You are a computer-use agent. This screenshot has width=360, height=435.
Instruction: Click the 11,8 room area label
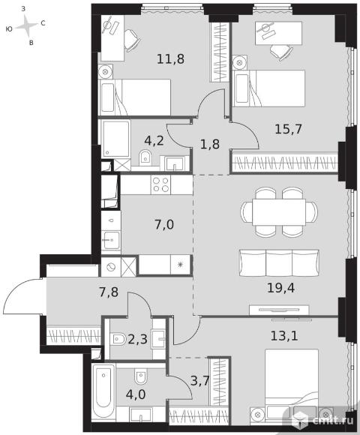pos(170,59)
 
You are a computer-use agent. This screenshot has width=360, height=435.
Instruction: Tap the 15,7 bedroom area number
pos(288,129)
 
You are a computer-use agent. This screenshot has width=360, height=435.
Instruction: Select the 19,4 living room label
pos(280,288)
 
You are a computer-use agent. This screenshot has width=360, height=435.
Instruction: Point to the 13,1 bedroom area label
pos(284,336)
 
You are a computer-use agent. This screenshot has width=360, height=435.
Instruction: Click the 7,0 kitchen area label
pos(164,224)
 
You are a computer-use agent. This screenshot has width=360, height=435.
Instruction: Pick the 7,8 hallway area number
pos(109,292)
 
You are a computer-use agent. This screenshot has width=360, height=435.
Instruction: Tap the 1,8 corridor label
pos(210,144)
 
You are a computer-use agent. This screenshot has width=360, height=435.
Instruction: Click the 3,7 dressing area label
pos(200,381)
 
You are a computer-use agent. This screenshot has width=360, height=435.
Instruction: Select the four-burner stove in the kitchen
pos(160,184)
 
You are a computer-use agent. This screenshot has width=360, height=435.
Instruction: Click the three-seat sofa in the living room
pos(279,263)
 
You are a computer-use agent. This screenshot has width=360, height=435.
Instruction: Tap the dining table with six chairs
pos(279,212)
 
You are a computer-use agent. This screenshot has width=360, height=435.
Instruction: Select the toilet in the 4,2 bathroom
pos(145,157)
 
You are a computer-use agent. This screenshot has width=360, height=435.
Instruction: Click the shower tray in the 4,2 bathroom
pos(116,139)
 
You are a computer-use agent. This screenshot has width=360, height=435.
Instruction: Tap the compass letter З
pos(23,9)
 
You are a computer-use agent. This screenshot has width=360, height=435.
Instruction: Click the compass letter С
pos(43,23)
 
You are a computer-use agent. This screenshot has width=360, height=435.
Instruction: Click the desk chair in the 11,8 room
pos(133,40)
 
